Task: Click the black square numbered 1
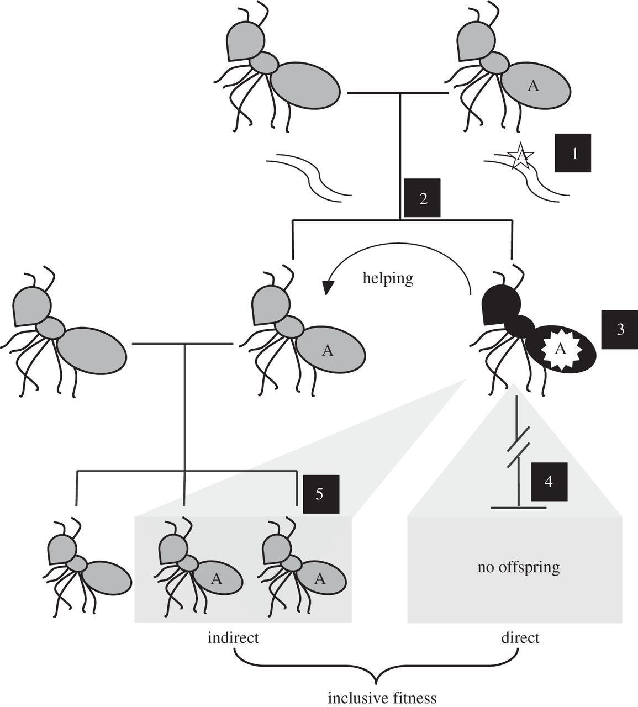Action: [x=573, y=153]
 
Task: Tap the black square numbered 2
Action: [x=422, y=198]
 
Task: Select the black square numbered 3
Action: [x=619, y=330]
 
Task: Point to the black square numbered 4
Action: [x=549, y=482]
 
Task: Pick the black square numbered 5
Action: [x=321, y=494]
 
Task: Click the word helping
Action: [x=388, y=279]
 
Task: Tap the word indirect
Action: [x=233, y=637]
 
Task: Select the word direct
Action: [x=520, y=637]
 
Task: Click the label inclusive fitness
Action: [x=382, y=698]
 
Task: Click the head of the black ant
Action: [x=500, y=305]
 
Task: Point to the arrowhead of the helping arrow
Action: [x=328, y=287]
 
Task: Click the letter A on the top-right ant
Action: [x=533, y=86]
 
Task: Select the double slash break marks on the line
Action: [x=518, y=447]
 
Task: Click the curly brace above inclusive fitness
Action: [x=377, y=666]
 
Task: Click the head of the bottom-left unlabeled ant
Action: [x=62, y=550]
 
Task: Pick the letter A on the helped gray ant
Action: [x=328, y=350]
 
